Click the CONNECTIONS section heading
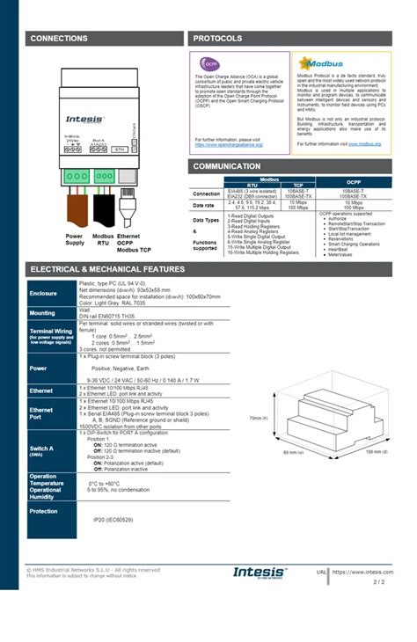tap(59, 39)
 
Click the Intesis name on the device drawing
tap(84, 117)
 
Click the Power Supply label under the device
tap(75, 241)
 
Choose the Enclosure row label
tap(43, 293)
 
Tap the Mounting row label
tap(42, 312)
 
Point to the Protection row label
tap(44, 510)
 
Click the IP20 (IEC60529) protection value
tap(113, 520)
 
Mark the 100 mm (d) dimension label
tap(372, 451)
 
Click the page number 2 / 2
tap(379, 581)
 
